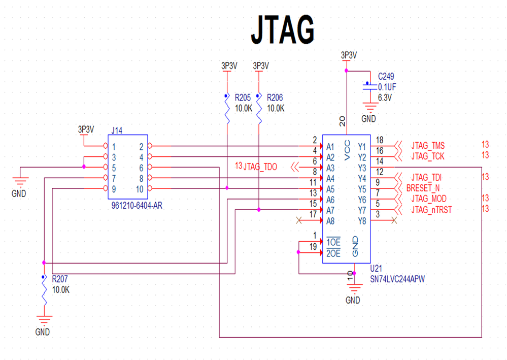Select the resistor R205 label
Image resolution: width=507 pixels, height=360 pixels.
tap(243, 97)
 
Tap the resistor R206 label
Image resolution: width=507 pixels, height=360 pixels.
tap(275, 97)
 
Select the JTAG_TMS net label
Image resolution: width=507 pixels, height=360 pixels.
tap(428, 145)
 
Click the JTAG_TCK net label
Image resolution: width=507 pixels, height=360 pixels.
tap(428, 155)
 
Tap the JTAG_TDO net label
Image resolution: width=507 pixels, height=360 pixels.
tap(260, 167)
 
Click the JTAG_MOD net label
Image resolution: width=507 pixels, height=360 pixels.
tap(429, 198)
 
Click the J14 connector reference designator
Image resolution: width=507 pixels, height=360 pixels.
tap(116, 130)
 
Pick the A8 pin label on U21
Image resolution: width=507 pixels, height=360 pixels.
tap(330, 221)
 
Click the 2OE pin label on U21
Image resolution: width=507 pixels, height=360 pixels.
tap(333, 253)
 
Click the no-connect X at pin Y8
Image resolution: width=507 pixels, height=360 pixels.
tap(394, 220)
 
